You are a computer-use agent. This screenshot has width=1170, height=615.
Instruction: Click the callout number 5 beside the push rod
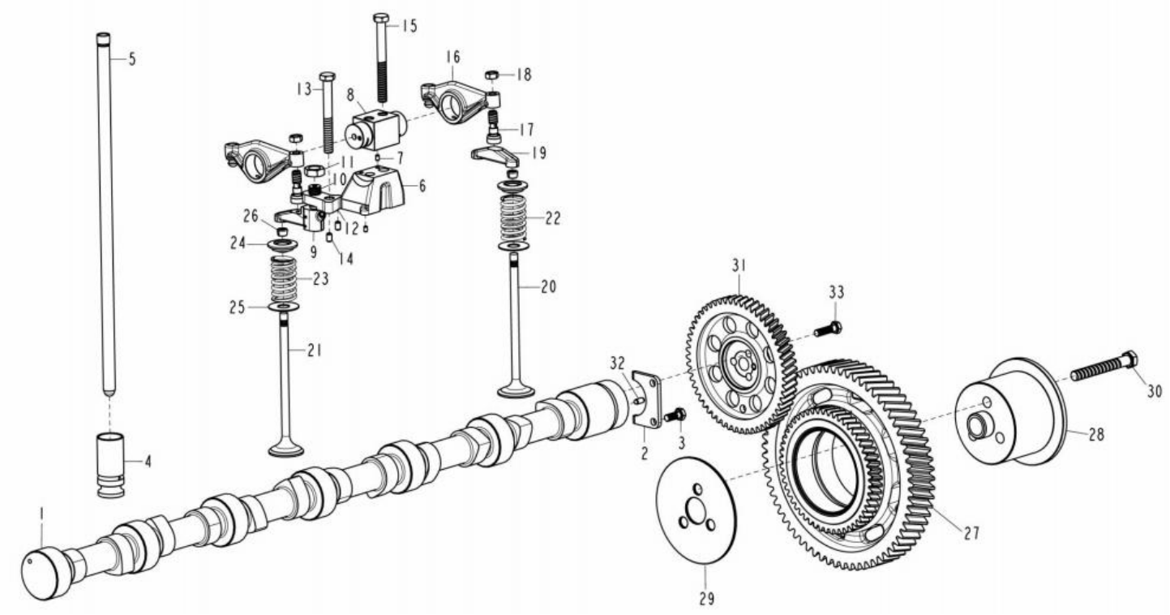[x=132, y=59]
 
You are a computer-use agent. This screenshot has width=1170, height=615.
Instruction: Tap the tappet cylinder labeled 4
[x=111, y=464]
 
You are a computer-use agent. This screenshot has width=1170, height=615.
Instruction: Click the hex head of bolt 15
[x=381, y=19]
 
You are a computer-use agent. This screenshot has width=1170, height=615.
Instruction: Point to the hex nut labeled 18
[x=492, y=75]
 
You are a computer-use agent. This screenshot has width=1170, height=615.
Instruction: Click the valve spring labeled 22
[x=514, y=218]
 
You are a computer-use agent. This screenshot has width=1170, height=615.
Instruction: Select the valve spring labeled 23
[x=284, y=280]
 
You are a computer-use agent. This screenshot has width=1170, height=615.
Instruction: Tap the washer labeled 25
[x=283, y=306]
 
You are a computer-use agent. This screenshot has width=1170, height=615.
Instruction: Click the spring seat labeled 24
[x=282, y=244]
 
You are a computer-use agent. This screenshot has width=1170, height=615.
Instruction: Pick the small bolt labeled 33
[x=828, y=329]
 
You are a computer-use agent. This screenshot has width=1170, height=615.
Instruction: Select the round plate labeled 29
[x=696, y=510]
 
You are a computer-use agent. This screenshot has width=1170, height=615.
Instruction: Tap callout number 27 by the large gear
[x=971, y=533]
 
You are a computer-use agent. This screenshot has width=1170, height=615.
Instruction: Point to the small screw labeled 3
[x=675, y=415]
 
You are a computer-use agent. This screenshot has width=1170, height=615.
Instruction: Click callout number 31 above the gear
[x=739, y=266]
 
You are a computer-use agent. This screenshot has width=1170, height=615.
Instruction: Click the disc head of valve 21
[x=285, y=449]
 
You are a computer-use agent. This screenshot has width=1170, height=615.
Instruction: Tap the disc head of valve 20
[x=516, y=390]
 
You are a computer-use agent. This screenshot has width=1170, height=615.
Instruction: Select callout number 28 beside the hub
[x=1096, y=434]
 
